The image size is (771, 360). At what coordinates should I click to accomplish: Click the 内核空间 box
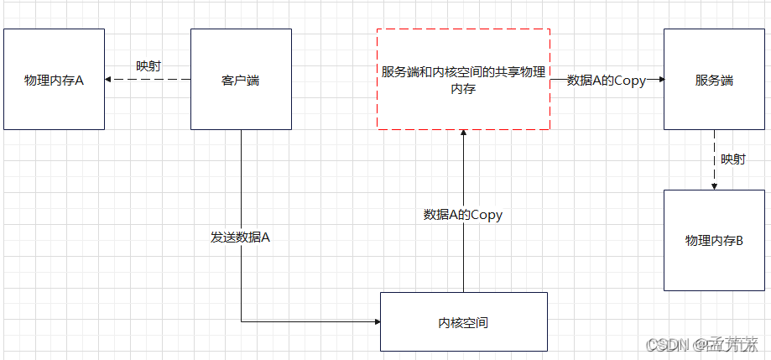coord(463,321)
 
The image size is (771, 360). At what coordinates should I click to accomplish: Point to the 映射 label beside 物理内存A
coord(148,65)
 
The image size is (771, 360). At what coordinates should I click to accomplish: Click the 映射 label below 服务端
coord(732,159)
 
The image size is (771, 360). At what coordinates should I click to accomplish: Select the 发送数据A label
coord(240,237)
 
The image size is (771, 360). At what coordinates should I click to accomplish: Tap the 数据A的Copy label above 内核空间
coord(462,215)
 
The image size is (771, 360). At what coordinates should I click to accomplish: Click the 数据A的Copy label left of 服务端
coord(607,81)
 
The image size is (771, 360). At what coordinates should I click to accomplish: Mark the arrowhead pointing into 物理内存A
coord(108,80)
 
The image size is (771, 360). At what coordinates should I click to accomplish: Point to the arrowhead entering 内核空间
coord(376,321)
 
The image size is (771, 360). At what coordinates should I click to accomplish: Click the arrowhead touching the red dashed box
coord(463,134)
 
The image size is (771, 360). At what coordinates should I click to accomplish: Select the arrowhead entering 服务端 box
coord(660,80)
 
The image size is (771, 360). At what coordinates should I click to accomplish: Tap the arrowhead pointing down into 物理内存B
coord(714,185)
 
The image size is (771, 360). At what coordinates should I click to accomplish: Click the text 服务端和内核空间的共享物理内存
coord(463,80)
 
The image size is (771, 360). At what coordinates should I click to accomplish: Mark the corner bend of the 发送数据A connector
coord(242,321)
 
